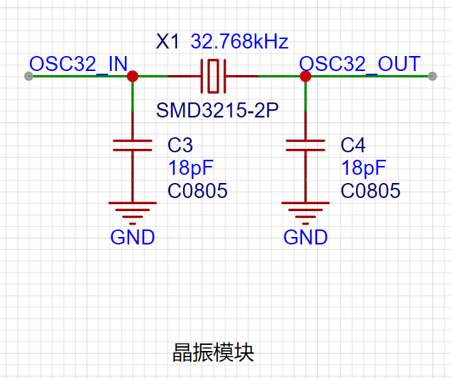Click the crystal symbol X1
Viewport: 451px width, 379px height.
214,76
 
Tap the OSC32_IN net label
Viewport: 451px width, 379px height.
78,64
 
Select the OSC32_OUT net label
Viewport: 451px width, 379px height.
360,64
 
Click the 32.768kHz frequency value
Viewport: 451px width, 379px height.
239,42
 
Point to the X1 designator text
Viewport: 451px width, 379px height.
167,42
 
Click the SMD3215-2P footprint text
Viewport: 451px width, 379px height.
217,110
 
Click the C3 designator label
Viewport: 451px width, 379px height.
180,145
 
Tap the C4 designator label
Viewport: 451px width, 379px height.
353,145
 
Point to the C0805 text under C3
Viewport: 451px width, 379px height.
197,191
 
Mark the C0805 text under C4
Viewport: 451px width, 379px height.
370,191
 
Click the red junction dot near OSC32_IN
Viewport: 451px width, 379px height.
133,76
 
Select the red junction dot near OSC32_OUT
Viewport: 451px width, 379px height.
305,76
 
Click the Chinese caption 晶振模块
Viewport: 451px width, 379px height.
213,352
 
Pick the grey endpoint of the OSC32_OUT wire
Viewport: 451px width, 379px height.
432,76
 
